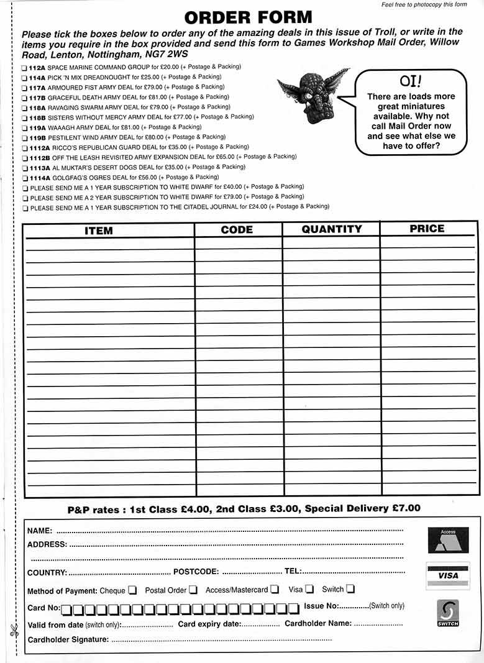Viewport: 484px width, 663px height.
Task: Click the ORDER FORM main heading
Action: (249, 17)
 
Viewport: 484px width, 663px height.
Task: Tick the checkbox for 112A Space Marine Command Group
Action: (24, 67)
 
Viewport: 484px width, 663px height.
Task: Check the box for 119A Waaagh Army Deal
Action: (24, 127)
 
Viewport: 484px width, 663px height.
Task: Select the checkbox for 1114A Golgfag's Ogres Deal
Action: (24, 178)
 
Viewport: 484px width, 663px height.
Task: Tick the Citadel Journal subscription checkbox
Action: (24, 208)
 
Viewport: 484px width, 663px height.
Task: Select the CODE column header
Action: (237, 230)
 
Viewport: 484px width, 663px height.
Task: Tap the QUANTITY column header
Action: (331, 229)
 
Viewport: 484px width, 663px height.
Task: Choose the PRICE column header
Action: (427, 229)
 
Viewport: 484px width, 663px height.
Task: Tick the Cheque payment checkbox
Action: (132, 590)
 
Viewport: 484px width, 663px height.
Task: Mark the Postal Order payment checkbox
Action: (193, 590)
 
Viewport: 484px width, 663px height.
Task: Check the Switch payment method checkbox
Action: (350, 589)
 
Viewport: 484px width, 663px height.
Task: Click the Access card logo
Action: (448, 539)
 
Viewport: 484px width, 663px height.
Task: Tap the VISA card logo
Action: (448, 575)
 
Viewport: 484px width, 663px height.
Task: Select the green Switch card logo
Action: (448, 613)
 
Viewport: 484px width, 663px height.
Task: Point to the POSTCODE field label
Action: (196, 572)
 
